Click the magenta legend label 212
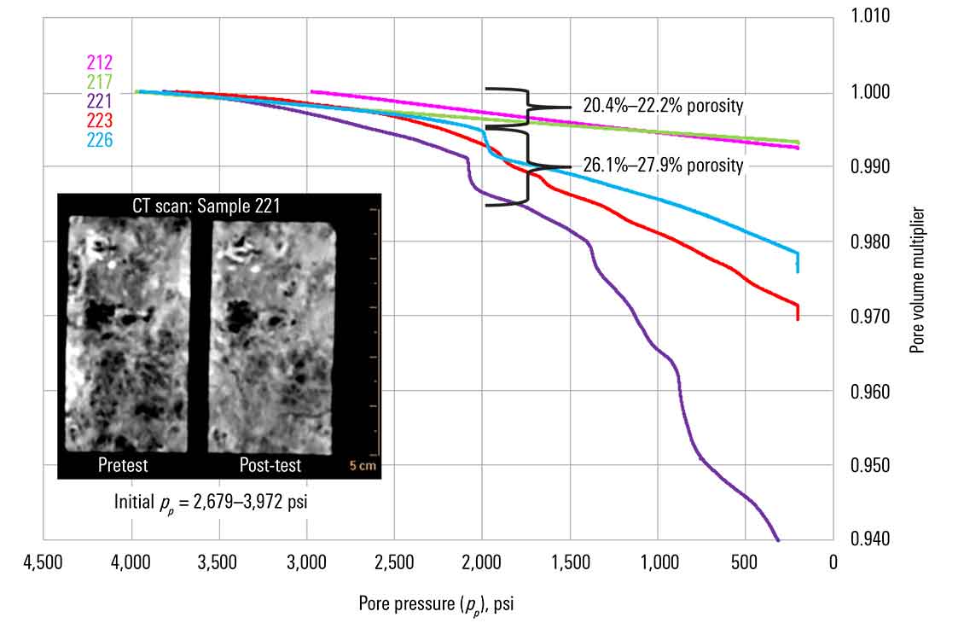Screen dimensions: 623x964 coord(99,62)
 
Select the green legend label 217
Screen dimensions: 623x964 coord(99,82)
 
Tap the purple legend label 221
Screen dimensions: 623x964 coord(99,101)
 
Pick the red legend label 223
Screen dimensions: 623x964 coord(99,119)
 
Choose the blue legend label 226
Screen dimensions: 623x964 coord(99,138)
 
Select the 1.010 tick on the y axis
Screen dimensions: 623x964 coord(870,16)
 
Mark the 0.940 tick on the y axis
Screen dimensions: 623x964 coord(870,539)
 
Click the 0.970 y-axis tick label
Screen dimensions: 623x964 coord(870,317)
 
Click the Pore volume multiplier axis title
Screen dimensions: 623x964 coord(917,281)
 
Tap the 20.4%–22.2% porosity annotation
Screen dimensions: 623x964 coord(663,106)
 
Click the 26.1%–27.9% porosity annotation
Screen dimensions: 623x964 coord(663,166)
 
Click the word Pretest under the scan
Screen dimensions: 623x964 coord(123,465)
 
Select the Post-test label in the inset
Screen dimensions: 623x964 coord(269,465)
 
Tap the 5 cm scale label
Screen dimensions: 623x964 coord(362,466)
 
